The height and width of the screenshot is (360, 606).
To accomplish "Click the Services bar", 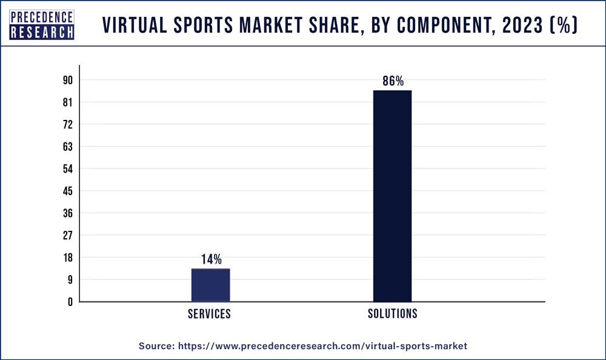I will [210, 285].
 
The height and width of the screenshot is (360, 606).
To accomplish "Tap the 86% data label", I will [393, 81].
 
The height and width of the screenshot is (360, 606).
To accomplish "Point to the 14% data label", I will [211, 259].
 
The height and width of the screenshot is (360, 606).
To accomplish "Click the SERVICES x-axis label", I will [209, 315].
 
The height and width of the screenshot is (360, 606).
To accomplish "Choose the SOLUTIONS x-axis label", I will [393, 315].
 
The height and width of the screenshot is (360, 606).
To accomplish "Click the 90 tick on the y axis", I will [67, 81].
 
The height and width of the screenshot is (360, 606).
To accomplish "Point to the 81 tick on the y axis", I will [67, 102].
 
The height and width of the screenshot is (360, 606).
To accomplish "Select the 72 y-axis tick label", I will [67, 125].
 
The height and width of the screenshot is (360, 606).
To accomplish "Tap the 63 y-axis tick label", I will [67, 147].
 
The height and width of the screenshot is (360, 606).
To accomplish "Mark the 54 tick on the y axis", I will [67, 169].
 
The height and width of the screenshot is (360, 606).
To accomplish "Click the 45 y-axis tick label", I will [67, 191].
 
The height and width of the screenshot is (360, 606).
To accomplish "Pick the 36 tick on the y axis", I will [67, 213].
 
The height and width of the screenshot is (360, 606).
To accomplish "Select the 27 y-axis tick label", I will [67, 235].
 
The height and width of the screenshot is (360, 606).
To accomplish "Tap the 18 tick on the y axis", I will [67, 258].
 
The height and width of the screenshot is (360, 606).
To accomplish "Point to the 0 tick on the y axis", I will [70, 302].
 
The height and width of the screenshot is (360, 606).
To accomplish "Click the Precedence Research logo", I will [42, 24].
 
